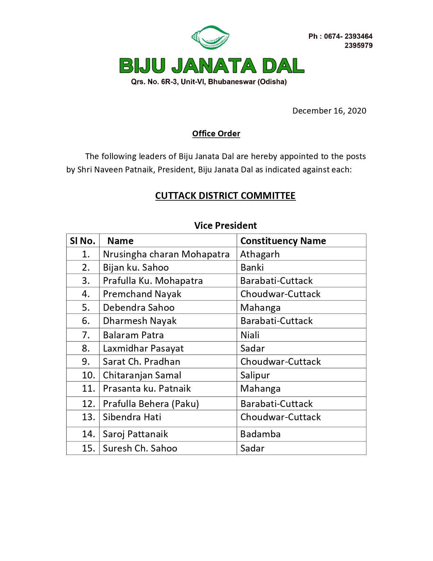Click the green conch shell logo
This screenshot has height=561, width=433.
click(211, 37)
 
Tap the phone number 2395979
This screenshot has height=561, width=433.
click(358, 46)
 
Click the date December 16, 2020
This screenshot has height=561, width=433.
click(329, 111)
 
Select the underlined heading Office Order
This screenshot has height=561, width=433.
click(216, 134)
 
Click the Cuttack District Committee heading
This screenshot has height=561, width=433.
click(225, 196)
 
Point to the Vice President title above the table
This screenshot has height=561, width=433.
click(225, 226)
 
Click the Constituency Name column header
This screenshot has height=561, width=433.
click(283, 241)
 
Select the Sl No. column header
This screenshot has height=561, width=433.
click(83, 241)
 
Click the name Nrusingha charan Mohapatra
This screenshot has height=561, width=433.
click(166, 254)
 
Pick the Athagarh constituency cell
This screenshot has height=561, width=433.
click(260, 254)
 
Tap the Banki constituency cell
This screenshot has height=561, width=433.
click(252, 268)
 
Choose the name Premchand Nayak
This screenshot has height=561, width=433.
click(142, 294)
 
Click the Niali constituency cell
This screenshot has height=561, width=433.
click(250, 335)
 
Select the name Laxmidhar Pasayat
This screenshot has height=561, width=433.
click(143, 348)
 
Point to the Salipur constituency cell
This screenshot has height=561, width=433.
click(255, 375)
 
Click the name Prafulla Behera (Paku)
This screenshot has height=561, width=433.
click(151, 404)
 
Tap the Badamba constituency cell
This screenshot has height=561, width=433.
click(260, 434)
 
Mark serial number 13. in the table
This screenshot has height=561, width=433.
click(88, 417)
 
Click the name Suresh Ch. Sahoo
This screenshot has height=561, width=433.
click(140, 448)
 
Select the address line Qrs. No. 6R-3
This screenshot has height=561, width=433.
click(209, 82)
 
